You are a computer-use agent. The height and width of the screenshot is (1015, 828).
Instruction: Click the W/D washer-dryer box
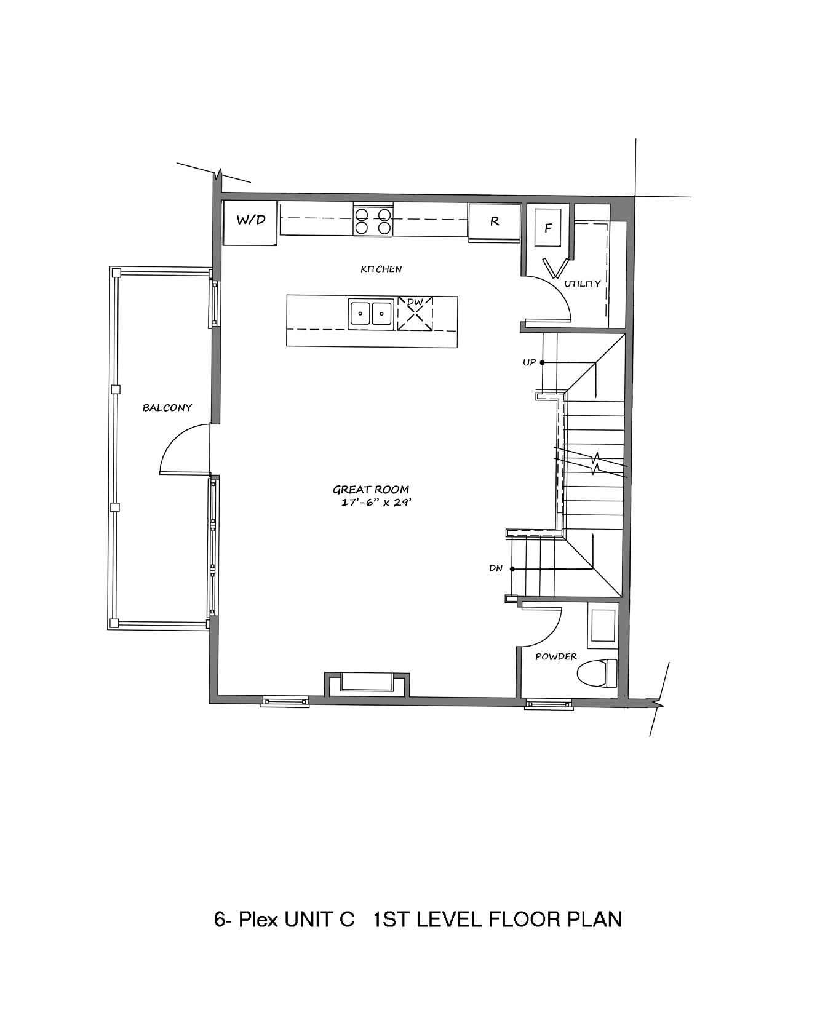coord(250,222)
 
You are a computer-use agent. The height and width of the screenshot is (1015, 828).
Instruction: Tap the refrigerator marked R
coord(494,222)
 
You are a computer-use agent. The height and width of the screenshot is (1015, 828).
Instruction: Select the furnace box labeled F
coord(547,228)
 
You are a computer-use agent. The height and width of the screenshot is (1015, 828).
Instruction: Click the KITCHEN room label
coord(381,269)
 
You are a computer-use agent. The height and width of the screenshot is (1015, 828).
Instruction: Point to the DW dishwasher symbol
coord(415,314)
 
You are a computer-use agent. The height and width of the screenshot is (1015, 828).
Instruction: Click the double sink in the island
coord(371,314)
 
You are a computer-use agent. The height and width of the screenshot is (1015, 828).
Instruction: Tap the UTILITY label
coord(582,284)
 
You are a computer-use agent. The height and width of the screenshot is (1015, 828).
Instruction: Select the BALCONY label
coord(167,407)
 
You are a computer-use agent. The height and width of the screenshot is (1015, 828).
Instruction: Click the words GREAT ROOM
coord(371,490)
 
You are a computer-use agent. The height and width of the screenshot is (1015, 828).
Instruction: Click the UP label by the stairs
coord(529,362)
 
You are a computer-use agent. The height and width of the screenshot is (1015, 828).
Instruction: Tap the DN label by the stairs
coord(496,568)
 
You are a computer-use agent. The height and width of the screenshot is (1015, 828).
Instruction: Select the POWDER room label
coord(556,656)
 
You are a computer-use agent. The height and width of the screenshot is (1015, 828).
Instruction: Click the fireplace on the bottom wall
coord(367,684)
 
